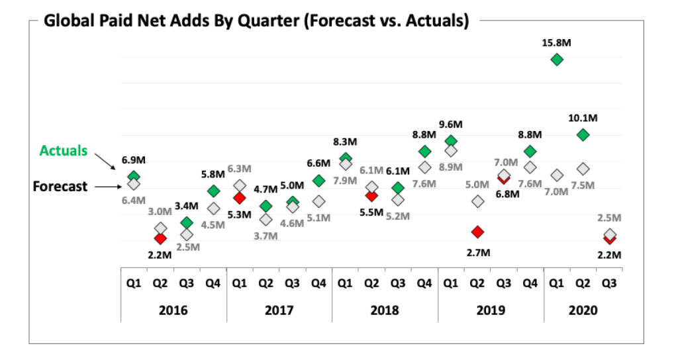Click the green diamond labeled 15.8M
[557, 60]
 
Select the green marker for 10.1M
[583, 134]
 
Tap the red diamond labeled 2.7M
[477, 232]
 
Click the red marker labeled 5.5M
[371, 196]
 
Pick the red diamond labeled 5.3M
[240, 198]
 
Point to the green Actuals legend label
[64, 150]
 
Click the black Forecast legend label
[60, 187]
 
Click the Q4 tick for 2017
[318, 283]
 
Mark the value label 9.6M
[450, 124]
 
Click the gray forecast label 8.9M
[450, 167]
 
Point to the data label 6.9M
[134, 160]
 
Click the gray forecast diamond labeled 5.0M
[477, 201]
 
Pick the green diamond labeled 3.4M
[187, 223]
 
